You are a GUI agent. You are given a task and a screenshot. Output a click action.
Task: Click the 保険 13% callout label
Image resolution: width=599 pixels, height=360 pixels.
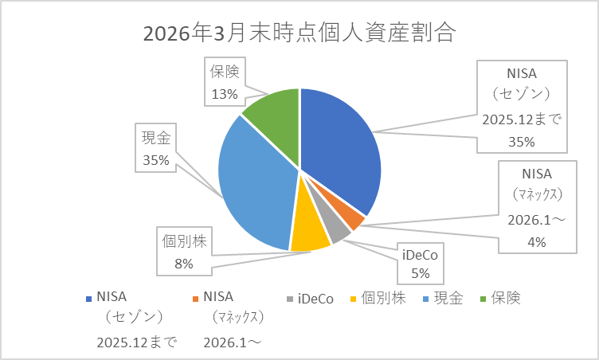point(225,83)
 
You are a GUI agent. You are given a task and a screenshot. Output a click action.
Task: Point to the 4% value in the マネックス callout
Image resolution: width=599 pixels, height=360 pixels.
point(536,242)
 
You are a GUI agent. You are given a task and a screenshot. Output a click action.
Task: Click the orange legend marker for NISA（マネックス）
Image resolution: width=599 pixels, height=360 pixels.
point(196,299)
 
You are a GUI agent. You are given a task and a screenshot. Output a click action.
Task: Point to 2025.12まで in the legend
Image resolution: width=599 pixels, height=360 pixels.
point(136,342)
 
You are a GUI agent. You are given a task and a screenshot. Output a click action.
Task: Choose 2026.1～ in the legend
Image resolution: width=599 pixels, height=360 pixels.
point(233,342)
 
